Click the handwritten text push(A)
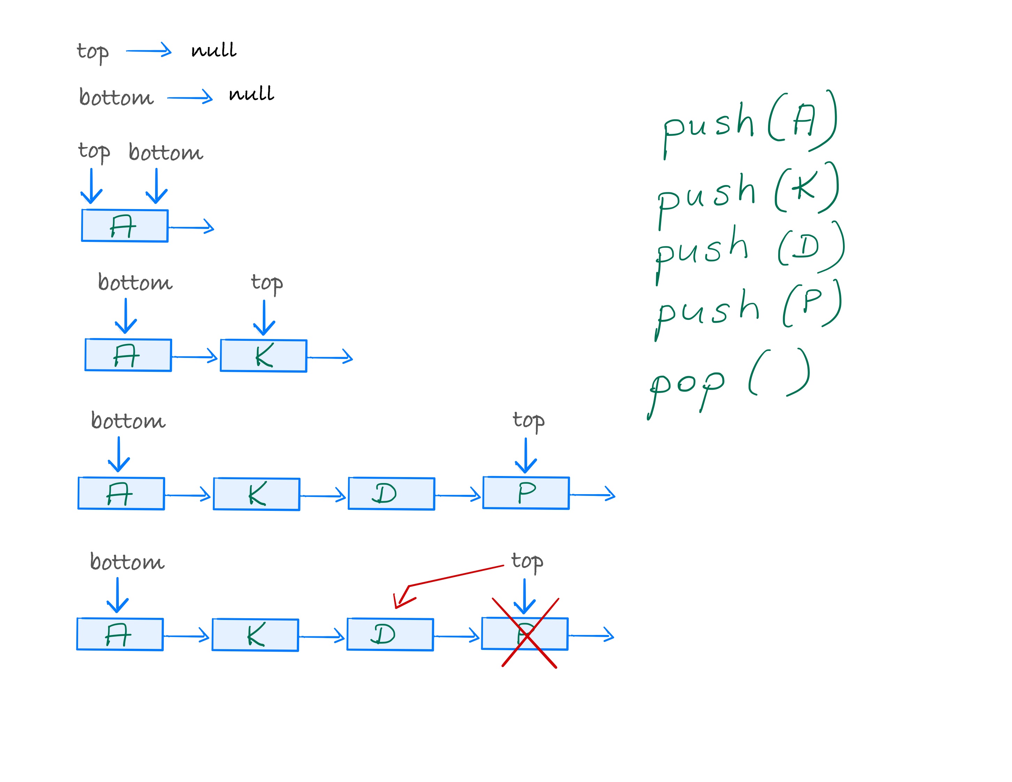749,122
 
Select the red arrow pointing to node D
445,579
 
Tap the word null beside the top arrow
214,50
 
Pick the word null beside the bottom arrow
251,94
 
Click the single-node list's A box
125,225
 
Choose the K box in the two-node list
263,355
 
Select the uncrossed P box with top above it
526,493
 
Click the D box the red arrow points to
390,634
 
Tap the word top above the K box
267,283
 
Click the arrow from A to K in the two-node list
194,357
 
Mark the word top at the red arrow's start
527,561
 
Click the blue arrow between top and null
148,51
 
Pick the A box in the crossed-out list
120,634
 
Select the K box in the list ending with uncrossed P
256,494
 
